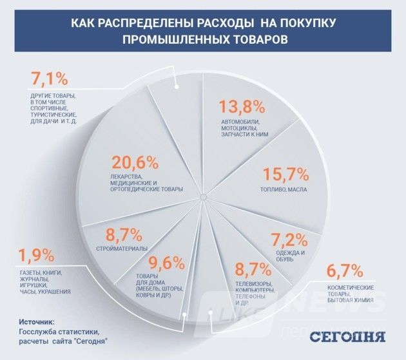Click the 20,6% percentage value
click(135, 164)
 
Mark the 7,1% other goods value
click(50, 81)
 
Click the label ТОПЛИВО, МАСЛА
click(283, 191)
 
